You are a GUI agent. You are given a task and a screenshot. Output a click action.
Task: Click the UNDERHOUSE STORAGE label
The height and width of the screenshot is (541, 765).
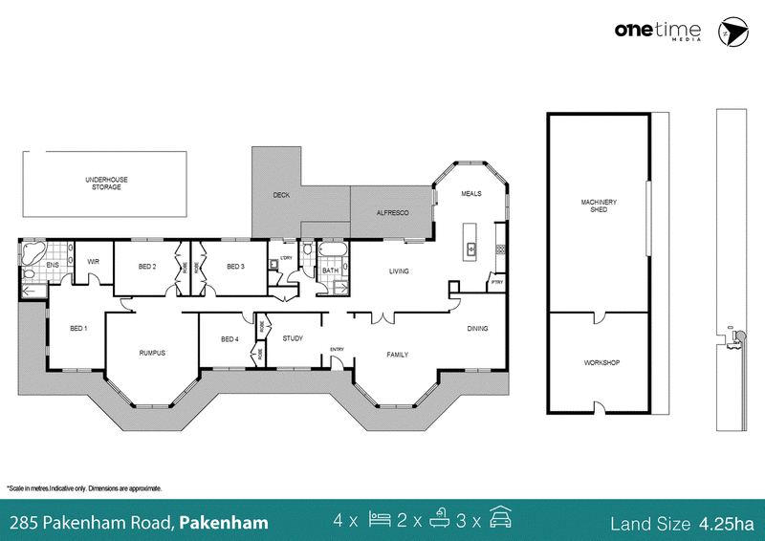[106, 184]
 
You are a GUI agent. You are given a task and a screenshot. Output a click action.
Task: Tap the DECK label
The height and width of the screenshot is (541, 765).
[281, 195]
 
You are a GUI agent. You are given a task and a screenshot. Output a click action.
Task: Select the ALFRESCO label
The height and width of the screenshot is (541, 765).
[393, 213]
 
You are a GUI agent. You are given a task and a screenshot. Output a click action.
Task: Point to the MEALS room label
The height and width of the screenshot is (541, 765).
[471, 194]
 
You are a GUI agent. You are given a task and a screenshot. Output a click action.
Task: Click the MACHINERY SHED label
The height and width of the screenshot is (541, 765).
[599, 206]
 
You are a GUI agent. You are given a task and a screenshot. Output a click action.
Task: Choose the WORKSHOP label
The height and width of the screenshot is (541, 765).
[601, 363]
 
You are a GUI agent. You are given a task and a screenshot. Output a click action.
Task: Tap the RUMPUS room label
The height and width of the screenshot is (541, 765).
[152, 353]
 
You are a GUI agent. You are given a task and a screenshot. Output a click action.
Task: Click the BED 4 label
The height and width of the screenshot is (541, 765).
[229, 339]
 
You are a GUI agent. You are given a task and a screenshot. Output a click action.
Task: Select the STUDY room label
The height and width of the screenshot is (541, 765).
[293, 338]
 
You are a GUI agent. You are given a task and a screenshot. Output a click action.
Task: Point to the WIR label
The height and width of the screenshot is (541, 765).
[93, 262]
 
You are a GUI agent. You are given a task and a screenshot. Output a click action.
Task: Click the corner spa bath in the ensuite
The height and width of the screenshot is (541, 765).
[33, 252]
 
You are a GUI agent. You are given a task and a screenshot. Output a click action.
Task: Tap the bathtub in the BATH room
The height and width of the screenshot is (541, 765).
[333, 249]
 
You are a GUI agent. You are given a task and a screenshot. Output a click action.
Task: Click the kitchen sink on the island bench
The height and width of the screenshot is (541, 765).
[470, 249]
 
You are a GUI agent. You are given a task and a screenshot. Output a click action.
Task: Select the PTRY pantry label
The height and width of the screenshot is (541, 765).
[497, 283]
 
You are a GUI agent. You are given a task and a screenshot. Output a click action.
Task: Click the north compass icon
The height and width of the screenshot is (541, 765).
[732, 32]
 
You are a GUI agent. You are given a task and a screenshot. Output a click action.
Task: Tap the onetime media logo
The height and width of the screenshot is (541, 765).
[658, 31]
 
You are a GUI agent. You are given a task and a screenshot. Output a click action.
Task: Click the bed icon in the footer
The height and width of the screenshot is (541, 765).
[380, 519]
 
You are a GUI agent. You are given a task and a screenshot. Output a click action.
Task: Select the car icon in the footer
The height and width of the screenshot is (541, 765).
[500, 517]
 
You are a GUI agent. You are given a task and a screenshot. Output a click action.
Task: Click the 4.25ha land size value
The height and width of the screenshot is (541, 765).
[727, 524]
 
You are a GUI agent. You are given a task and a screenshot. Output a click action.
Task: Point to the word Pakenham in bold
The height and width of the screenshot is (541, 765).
[224, 523]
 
